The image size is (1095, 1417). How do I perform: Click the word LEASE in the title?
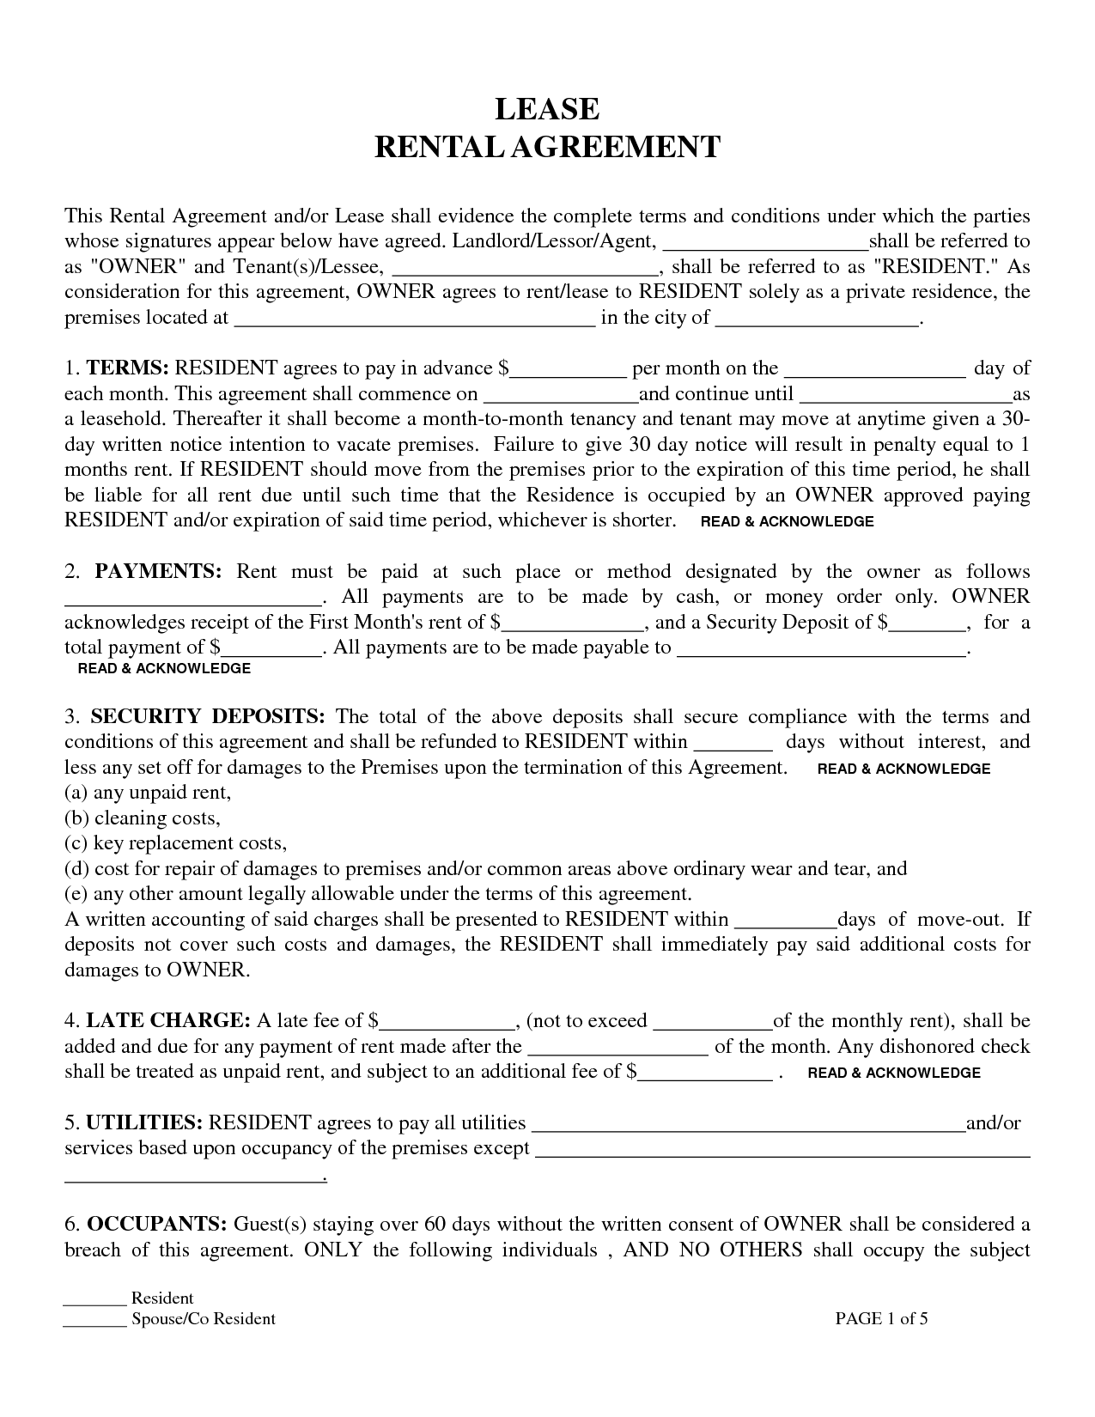547,109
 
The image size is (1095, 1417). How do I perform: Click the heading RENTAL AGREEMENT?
547,147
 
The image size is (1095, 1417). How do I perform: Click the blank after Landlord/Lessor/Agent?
766,243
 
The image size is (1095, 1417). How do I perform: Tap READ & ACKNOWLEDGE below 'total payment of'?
164,668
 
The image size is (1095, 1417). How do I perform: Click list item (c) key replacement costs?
176,842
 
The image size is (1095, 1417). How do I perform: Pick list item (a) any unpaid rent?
149,792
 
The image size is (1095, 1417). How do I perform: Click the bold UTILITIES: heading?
144,1122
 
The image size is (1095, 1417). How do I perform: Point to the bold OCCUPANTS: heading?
157,1224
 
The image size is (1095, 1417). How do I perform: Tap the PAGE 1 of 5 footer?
881,1318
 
